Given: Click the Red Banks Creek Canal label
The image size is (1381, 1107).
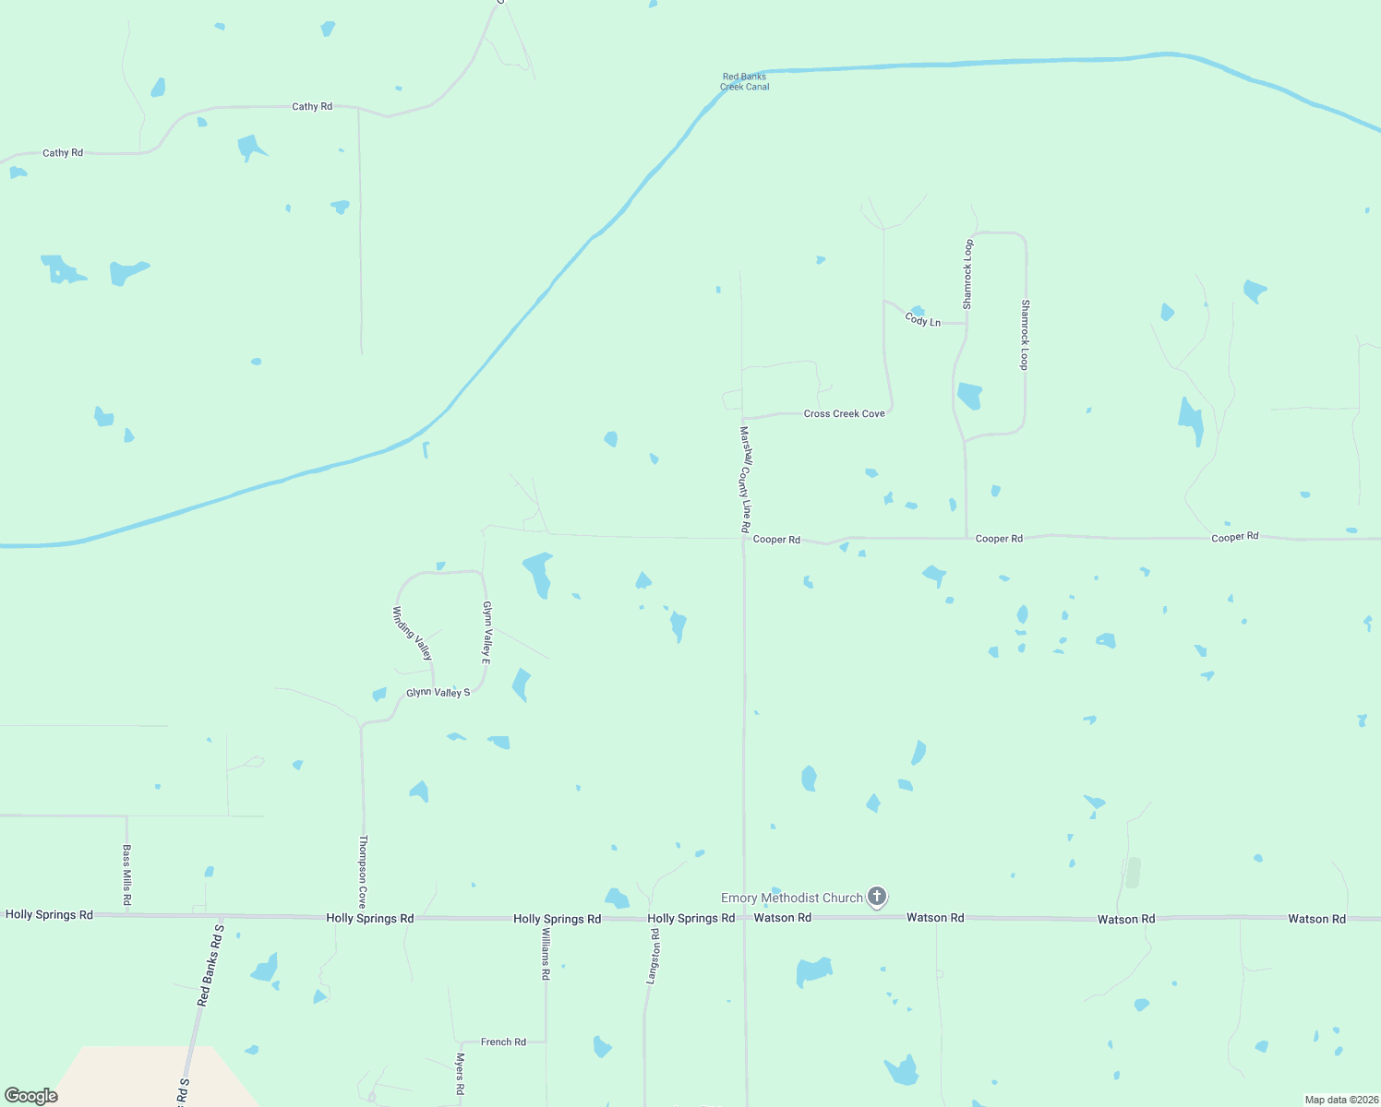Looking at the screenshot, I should [744, 82].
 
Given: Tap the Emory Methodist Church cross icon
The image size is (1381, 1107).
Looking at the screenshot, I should [877, 896].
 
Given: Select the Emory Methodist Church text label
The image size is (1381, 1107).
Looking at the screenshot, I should [791, 898].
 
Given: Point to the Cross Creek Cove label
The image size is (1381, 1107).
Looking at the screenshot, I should [844, 413].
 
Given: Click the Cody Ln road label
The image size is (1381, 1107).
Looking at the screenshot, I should [922, 320].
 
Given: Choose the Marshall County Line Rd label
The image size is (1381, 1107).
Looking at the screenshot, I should [745, 479].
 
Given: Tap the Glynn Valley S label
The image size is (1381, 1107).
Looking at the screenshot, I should [438, 692].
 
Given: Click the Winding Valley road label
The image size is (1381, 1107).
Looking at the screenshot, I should [412, 633].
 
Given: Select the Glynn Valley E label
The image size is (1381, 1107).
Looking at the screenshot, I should [486, 633].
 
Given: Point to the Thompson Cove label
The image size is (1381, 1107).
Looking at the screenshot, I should [363, 872].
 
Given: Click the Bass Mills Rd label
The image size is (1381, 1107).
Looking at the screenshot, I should [126, 874].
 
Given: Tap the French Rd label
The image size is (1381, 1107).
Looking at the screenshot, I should [503, 1042].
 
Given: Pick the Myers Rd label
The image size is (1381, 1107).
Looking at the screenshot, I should [460, 1074].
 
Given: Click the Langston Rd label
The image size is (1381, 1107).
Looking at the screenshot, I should [654, 956].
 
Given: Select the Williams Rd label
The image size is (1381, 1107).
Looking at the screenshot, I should [545, 953].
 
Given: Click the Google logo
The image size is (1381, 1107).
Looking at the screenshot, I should [31, 1095].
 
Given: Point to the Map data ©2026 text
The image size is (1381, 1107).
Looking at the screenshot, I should [1340, 1100].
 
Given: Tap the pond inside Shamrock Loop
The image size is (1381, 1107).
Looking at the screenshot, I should [968, 396].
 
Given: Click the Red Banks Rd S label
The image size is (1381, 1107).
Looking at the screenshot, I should [211, 964].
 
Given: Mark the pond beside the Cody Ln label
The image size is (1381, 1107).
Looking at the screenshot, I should [917, 311].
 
